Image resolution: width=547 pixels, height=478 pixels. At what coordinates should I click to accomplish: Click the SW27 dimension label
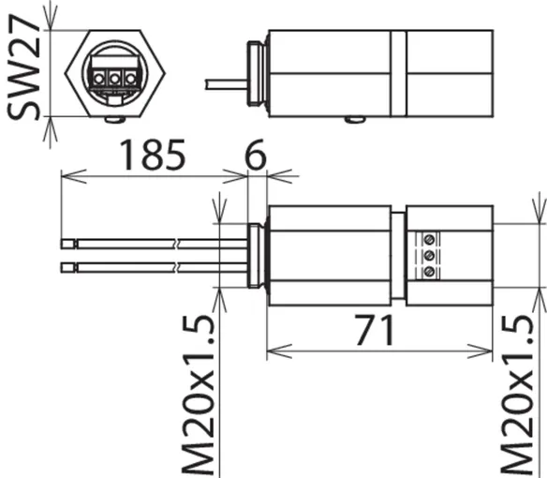[x=23, y=67]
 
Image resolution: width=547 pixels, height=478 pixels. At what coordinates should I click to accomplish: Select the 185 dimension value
[x=153, y=155]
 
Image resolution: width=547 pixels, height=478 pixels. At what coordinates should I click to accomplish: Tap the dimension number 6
[x=256, y=155]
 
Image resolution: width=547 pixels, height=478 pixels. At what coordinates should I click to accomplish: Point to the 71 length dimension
[x=375, y=330]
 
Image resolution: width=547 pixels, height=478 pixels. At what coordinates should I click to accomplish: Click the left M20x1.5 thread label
[x=198, y=396]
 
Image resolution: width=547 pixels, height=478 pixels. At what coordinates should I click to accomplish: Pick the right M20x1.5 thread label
[x=517, y=396]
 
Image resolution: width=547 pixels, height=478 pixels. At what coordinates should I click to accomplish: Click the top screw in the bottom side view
[x=429, y=240]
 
